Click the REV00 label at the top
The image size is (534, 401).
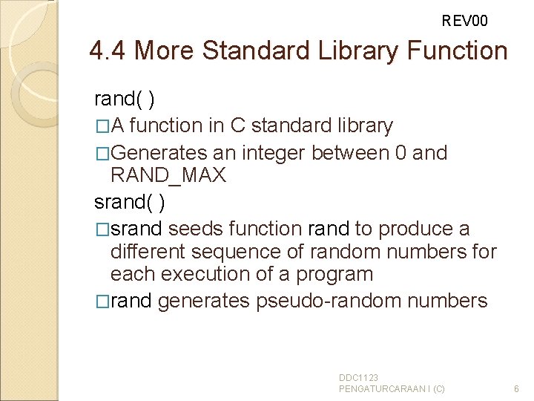coord(465,21)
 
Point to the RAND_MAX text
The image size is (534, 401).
coord(168,176)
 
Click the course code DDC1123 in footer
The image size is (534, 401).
coord(359,378)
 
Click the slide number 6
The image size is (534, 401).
coord(517,388)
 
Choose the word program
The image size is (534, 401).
coord(334,274)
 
